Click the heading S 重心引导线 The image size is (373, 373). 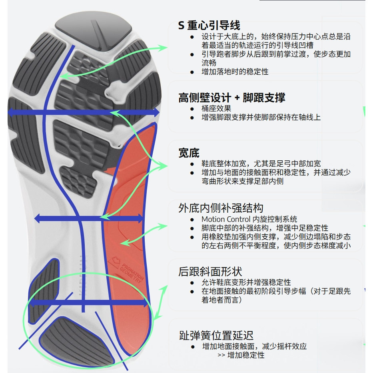pos(209,26)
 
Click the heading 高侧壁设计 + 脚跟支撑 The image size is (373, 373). pos(231,98)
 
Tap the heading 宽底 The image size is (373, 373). pos(189,153)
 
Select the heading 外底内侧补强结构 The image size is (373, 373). pos(221,208)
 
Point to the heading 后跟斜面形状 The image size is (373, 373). pos(210,272)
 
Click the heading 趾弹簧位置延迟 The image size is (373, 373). pos(216,335)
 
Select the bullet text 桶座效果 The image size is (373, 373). pos(216,108)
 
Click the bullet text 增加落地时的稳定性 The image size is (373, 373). pos(235,72)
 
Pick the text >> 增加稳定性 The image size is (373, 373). pos(241,355)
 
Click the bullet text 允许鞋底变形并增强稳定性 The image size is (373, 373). pos(246,282)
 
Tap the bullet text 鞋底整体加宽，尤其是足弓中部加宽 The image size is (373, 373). pos(261,164)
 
